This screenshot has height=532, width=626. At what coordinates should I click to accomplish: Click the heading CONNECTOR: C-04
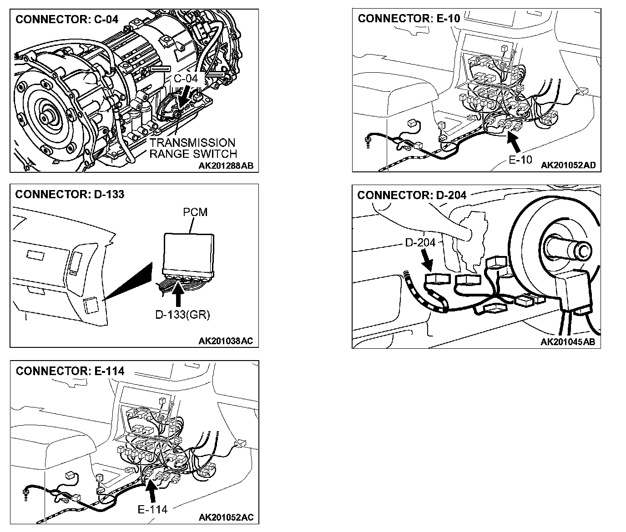[x=67, y=19]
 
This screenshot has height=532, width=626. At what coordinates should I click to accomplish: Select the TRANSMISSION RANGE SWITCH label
[x=193, y=148]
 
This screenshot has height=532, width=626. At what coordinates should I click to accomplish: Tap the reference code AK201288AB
[x=226, y=166]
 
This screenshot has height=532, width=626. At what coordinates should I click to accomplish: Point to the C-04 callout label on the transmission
[x=186, y=78]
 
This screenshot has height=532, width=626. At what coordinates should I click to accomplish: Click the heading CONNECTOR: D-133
[x=70, y=195]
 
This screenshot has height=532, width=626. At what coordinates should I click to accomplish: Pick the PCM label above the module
[x=195, y=212]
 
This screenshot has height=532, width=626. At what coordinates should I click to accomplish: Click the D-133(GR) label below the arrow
[x=182, y=315]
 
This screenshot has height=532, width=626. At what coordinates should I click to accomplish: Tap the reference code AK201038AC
[x=226, y=341]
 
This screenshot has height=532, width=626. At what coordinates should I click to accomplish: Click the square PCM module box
[x=189, y=251]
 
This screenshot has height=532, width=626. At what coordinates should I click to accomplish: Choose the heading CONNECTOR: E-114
[x=70, y=371]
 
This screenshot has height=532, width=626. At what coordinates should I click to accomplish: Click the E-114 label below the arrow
[x=152, y=509]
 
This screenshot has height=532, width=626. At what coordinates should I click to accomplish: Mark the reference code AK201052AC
[x=226, y=517]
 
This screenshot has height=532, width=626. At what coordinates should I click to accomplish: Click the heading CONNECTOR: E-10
[x=409, y=19]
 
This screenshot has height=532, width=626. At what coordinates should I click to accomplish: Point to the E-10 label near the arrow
[x=520, y=160]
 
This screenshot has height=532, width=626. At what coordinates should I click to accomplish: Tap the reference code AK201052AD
[x=568, y=165]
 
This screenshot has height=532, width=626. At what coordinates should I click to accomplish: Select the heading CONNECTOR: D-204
[x=412, y=195]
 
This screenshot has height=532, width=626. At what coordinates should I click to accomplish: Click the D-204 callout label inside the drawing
[x=420, y=242]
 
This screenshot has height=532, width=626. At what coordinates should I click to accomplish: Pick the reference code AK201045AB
[x=568, y=342]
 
